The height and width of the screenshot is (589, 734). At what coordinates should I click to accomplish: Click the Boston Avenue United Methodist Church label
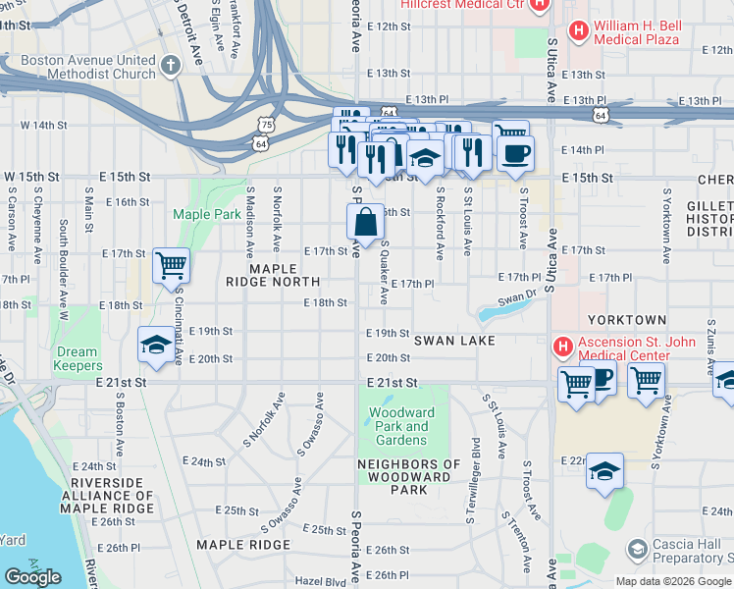pos(88,67)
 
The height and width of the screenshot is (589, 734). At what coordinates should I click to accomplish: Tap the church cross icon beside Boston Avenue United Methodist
pos(171,66)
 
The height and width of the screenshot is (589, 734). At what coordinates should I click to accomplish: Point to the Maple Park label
pos(206,214)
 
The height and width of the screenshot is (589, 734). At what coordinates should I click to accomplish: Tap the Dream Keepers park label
pos(77,358)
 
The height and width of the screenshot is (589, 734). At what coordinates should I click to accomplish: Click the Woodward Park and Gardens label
pos(401,426)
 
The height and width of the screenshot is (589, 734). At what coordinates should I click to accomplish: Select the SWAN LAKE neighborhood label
pos(451,340)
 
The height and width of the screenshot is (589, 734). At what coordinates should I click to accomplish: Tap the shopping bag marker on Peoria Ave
pos(365,224)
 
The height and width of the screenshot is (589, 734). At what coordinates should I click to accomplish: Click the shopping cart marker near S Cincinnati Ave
pos(172,265)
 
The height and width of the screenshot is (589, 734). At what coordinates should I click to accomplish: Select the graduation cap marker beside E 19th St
pos(155,345)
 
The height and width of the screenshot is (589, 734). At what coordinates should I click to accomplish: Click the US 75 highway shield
pos(266,122)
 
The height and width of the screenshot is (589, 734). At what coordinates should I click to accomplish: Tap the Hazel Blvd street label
pos(322,581)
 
